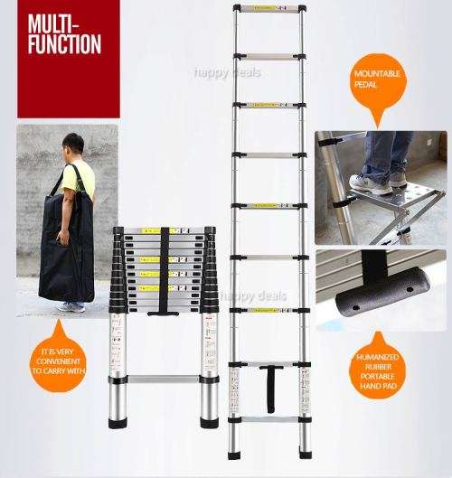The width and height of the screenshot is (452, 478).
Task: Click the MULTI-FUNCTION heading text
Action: (x=62, y=33)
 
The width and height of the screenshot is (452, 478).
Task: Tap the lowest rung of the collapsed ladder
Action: (x=164, y=380)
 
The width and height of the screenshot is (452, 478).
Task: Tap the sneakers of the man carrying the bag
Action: (x=71, y=307)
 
